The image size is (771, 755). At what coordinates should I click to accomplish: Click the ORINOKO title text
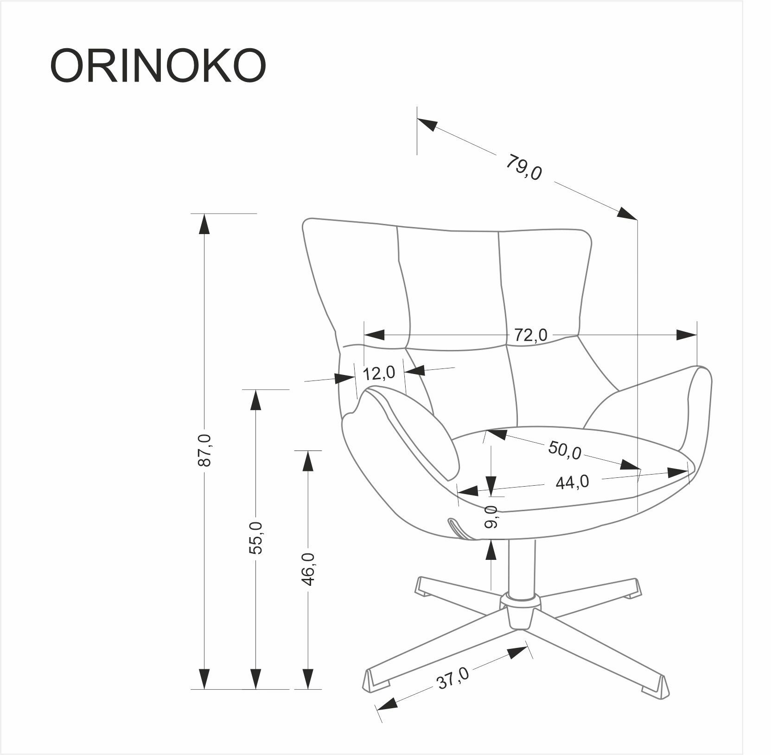point(158,66)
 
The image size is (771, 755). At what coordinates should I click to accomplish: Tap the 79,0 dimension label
point(523,168)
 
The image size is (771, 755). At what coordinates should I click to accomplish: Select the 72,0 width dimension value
point(530,334)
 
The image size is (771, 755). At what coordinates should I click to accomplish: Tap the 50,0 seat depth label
point(564,450)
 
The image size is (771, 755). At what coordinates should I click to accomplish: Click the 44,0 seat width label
point(572,482)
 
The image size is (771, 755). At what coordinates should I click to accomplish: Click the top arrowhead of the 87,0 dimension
point(204,224)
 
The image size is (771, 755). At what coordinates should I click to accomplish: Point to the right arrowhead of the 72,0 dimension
point(686,335)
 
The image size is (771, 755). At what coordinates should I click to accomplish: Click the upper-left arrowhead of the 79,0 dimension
point(427,124)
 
